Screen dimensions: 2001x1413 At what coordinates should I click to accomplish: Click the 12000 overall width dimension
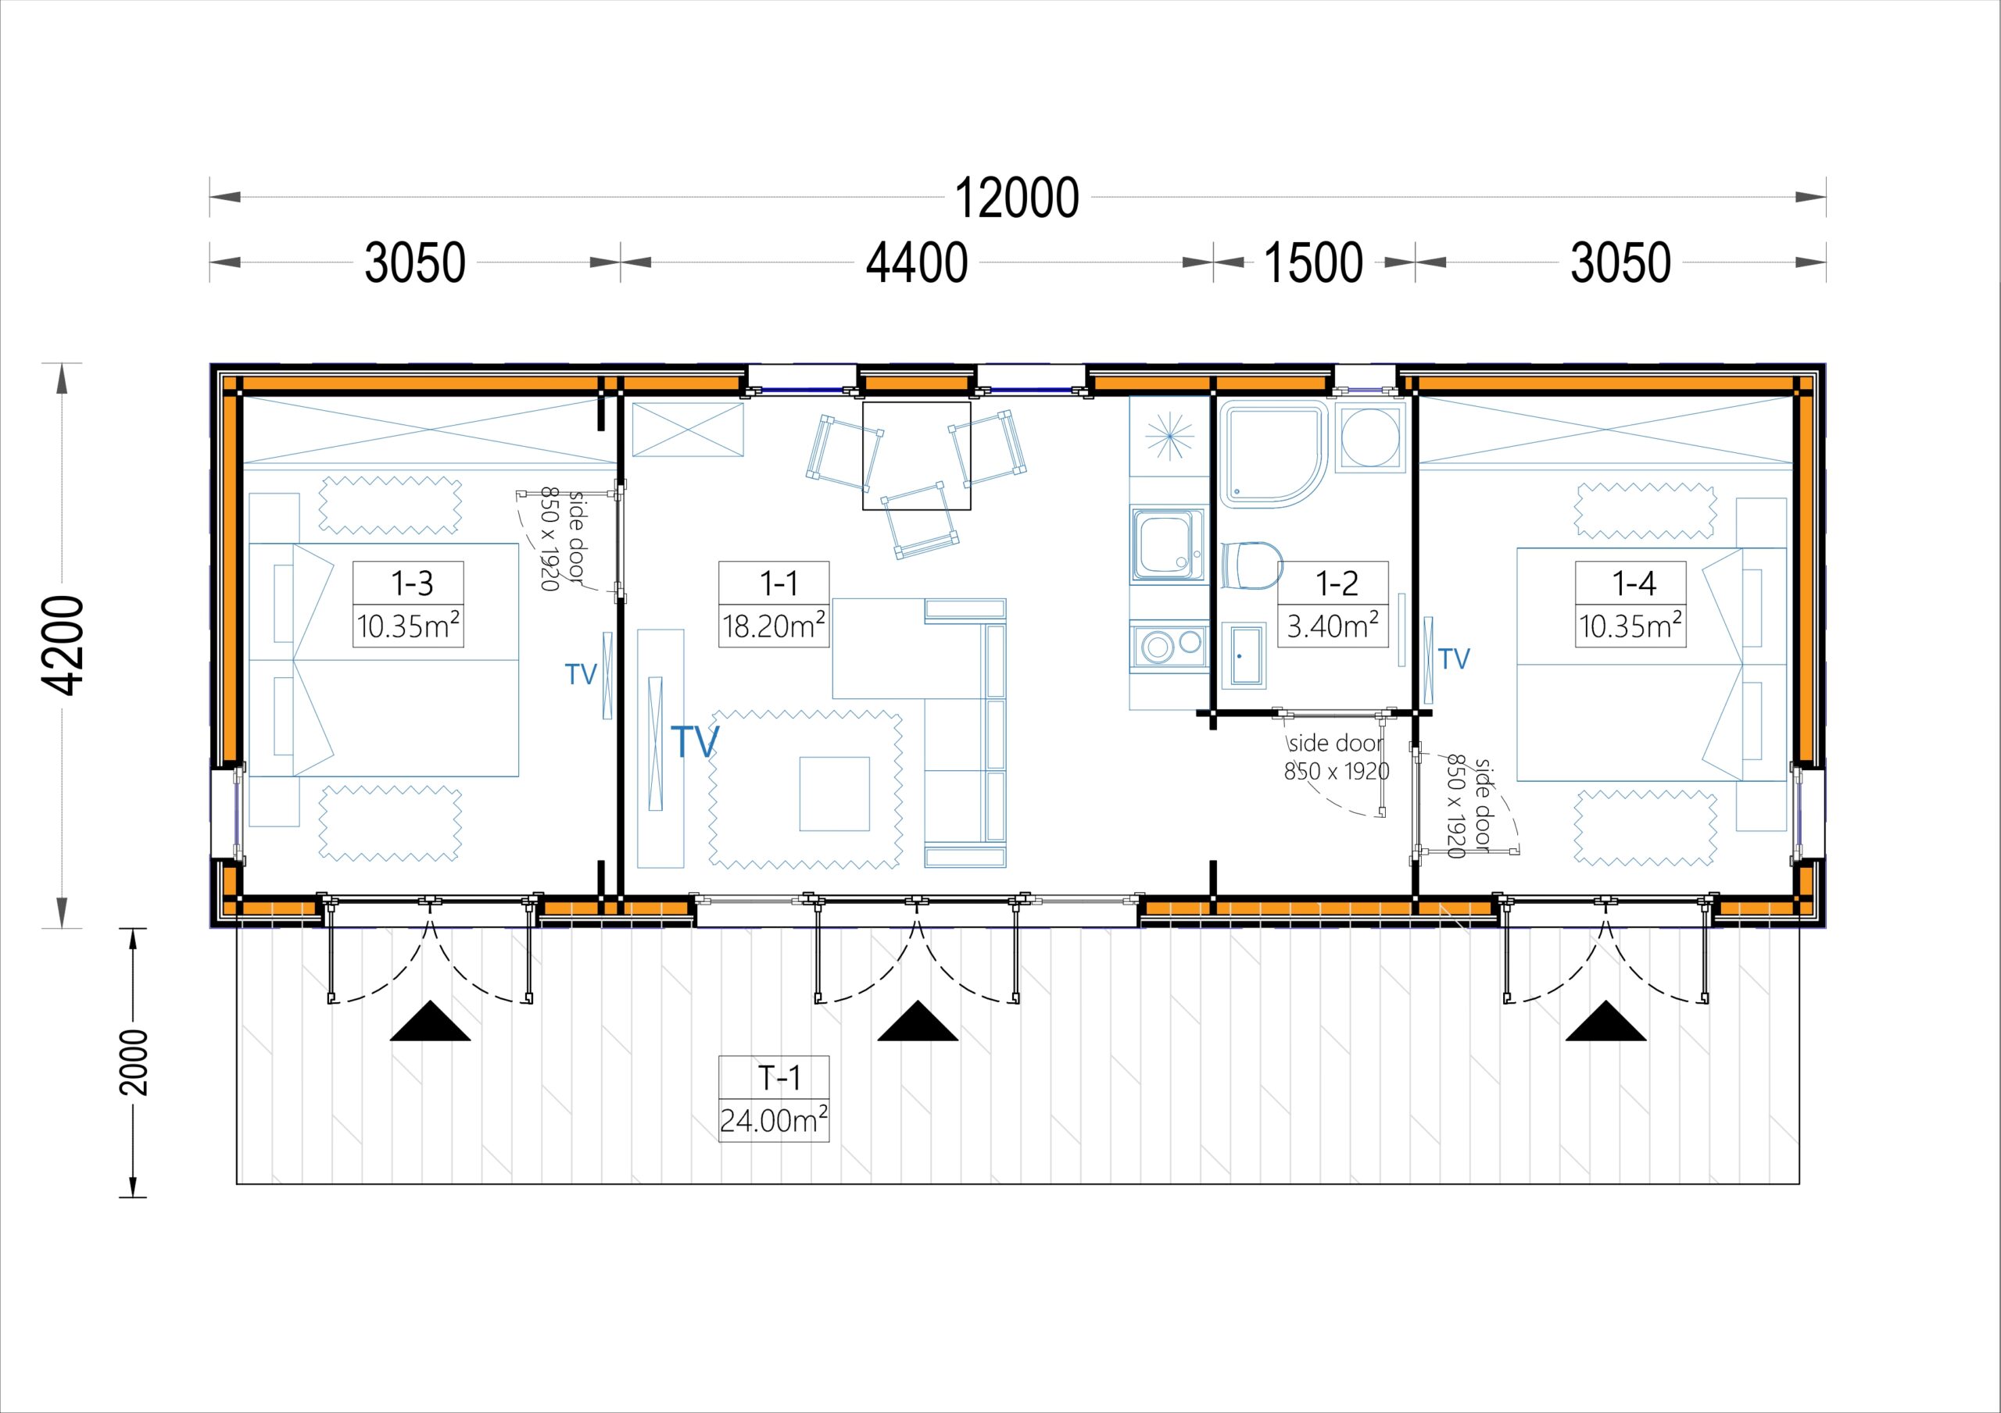[1017, 198]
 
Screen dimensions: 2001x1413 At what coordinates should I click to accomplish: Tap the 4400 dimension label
[917, 262]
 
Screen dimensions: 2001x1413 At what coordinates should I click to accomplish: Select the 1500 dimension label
[1313, 262]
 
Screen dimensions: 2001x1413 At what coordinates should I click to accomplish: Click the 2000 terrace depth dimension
[134, 1062]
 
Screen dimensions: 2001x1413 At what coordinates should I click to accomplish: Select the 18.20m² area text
[774, 626]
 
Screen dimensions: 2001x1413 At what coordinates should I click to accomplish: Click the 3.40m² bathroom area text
[1333, 626]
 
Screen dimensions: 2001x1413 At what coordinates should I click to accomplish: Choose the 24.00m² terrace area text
[774, 1119]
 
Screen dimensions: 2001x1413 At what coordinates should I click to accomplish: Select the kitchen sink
[1168, 545]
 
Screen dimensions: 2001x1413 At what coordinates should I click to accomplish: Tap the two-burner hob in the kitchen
[1169, 645]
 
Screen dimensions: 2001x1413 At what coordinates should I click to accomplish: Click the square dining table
[916, 455]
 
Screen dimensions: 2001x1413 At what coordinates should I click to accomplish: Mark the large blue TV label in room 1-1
[695, 741]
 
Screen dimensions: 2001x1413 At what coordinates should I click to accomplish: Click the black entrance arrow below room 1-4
[1605, 1021]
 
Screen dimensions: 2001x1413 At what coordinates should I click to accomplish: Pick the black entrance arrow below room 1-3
[430, 1021]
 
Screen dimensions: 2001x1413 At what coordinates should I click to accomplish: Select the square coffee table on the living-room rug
[834, 794]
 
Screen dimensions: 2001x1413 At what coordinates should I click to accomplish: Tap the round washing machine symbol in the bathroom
[1370, 436]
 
